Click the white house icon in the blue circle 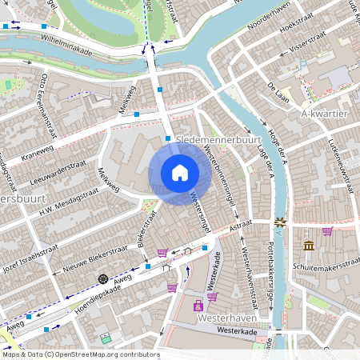[180, 172]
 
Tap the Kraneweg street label [38, 152]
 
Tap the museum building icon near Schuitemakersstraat [309, 245]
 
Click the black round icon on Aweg [102, 278]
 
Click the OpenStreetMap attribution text [81, 354]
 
